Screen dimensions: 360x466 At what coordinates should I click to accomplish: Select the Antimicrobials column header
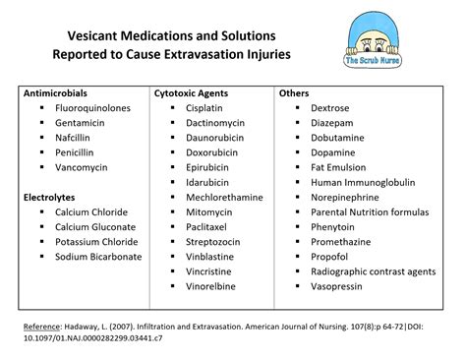tap(57, 93)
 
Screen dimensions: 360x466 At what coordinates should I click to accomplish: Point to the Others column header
tap(294, 93)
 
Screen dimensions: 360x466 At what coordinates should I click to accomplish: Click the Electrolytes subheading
tap(50, 198)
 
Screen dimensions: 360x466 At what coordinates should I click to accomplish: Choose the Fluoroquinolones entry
tap(96, 108)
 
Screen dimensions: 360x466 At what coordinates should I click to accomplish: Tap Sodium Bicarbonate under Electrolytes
tap(99, 257)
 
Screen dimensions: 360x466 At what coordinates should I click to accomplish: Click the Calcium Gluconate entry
tap(96, 227)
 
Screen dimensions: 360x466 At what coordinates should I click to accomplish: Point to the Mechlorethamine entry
tap(224, 197)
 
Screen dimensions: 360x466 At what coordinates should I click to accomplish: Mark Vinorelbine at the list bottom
tap(214, 286)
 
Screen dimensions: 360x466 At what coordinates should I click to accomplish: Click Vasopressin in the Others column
tap(336, 286)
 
